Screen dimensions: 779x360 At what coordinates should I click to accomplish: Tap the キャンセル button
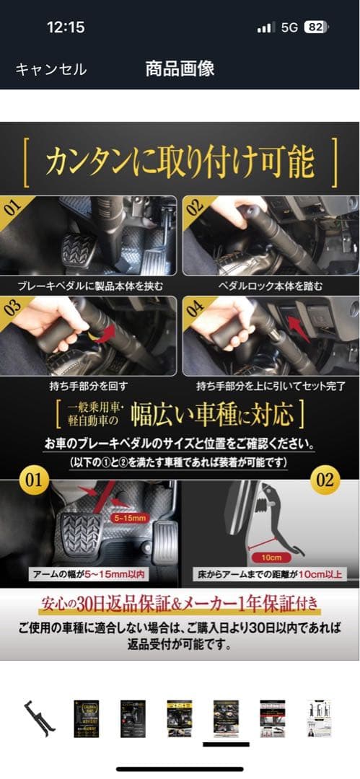point(51,69)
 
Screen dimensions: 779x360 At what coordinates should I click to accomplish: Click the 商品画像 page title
point(180,69)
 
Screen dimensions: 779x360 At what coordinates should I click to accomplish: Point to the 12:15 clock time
point(66,27)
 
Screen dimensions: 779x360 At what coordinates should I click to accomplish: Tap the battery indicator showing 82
point(315,27)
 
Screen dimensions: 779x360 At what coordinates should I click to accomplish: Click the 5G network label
point(289,27)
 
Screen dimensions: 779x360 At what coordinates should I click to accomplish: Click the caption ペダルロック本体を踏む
point(271,286)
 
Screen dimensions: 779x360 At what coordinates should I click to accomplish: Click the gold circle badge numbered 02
point(325,480)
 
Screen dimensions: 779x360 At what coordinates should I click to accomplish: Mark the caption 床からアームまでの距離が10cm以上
point(271,575)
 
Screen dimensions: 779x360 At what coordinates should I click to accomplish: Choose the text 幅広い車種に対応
point(213,415)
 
